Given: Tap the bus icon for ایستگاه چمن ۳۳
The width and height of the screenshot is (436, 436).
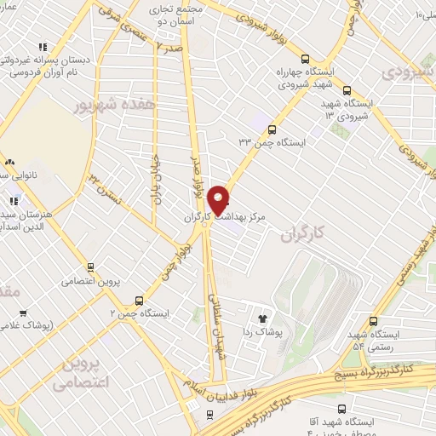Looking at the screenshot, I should click(271, 130).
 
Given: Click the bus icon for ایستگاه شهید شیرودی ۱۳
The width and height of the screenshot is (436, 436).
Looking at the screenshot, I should click(346, 91).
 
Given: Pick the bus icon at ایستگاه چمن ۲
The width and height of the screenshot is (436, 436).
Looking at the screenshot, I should click(139, 301).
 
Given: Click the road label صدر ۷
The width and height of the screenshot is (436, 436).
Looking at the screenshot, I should click(169, 48).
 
